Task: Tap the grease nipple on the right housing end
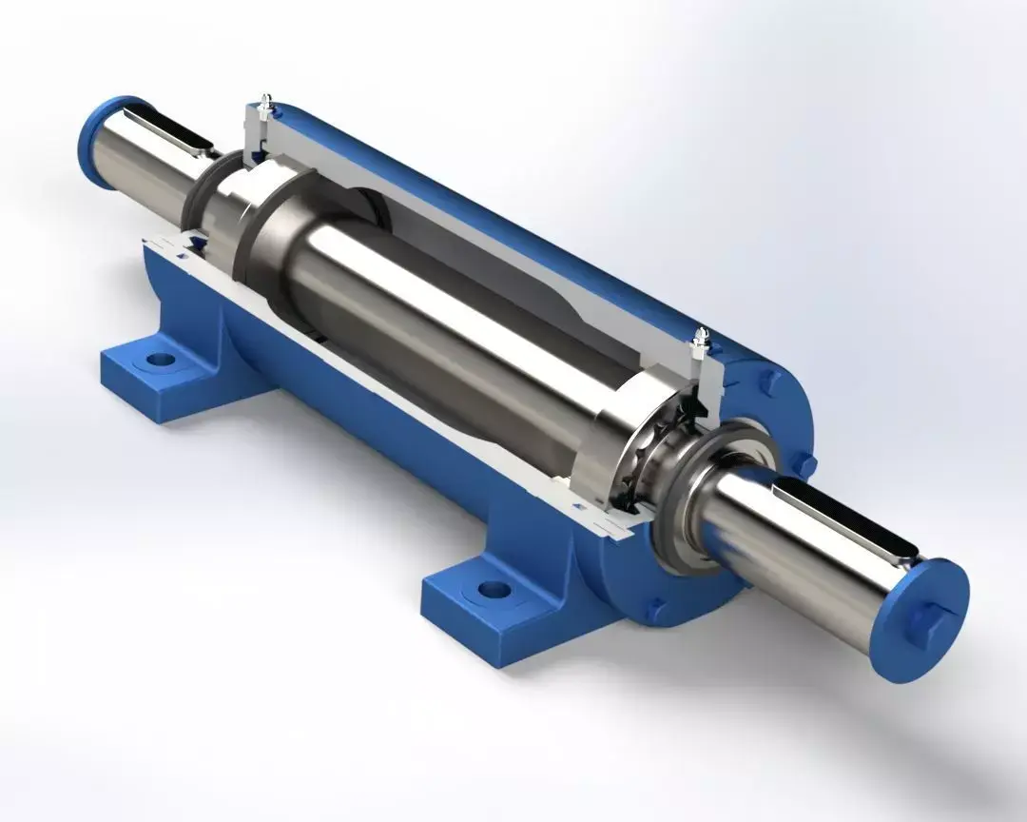(702, 337)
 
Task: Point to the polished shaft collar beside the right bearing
(609, 428)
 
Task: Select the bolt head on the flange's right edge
(807, 463)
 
